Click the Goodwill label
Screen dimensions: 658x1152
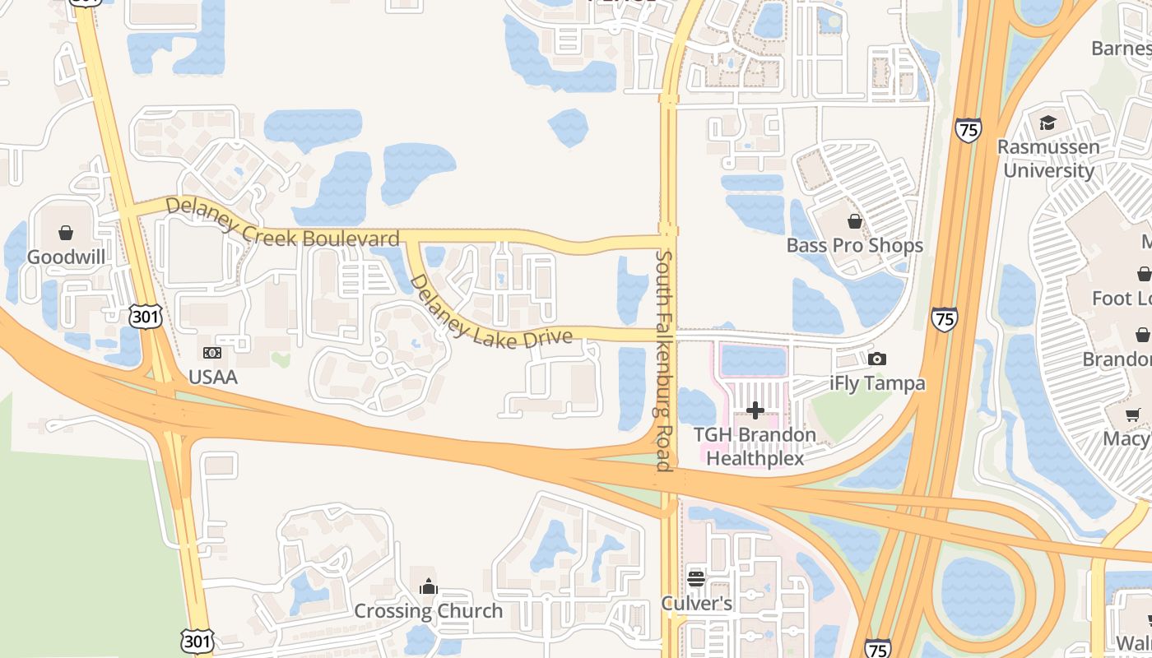(66, 257)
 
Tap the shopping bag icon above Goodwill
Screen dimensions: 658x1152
(66, 234)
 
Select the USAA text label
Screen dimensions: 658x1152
(212, 378)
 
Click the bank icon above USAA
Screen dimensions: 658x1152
(212, 353)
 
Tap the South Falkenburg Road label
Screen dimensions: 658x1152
(664, 361)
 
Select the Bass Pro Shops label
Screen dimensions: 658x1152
(854, 245)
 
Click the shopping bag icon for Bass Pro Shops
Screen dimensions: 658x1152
(855, 221)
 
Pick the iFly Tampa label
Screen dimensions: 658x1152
(877, 383)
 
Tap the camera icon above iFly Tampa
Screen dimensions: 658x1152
(877, 359)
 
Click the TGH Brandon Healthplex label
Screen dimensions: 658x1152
(755, 447)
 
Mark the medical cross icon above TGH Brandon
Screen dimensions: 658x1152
(755, 410)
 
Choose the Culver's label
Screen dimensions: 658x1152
(696, 604)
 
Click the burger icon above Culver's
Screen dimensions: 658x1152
(696, 579)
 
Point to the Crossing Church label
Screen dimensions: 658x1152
(428, 611)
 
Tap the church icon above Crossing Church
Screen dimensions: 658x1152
(428, 586)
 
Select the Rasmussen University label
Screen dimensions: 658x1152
(1047, 159)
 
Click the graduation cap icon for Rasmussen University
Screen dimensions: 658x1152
(1047, 123)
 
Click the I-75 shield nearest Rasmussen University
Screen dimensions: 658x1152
(969, 130)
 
